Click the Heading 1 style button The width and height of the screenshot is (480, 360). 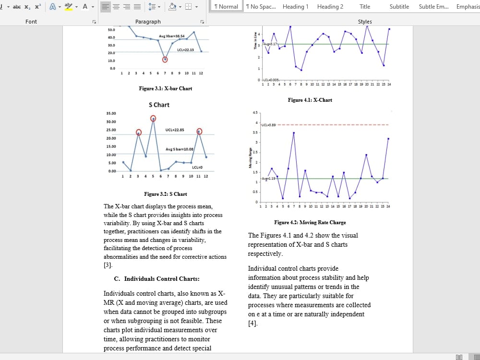point(295,7)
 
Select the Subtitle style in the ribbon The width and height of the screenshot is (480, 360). point(399,7)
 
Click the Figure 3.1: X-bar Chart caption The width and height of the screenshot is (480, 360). point(166,88)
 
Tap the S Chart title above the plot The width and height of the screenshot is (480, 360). point(159,105)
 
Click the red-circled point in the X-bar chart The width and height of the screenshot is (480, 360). point(165,60)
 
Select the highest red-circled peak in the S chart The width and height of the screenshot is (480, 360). point(153,119)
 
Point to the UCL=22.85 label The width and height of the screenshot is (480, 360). point(175,130)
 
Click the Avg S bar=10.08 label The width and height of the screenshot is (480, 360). point(180,149)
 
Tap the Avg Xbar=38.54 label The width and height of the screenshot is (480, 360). point(172,36)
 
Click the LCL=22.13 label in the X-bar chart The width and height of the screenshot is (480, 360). point(185,50)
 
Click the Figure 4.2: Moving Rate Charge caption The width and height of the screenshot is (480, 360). point(310,223)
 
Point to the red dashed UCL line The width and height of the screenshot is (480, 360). point(336,125)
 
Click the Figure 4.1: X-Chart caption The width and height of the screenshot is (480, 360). point(310,100)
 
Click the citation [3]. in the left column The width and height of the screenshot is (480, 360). point(108,265)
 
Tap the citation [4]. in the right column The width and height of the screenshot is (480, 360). point(253,324)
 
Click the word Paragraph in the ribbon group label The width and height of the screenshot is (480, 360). point(148,22)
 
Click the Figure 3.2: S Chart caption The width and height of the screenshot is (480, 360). point(166,194)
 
